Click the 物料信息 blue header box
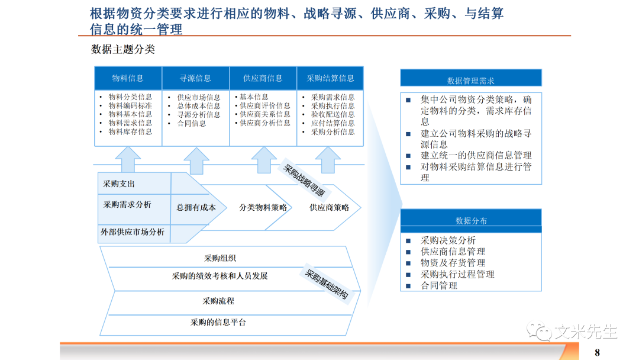(128, 78)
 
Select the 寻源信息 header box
(195, 78)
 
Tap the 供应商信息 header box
(263, 78)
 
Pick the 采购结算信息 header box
(330, 78)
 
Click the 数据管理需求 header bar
(470, 81)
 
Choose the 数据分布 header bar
(470, 221)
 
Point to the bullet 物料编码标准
(130, 106)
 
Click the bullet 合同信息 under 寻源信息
(192, 123)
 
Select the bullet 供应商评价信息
(265, 106)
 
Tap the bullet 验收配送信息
(333, 114)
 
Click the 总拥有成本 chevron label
(196, 208)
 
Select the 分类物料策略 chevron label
(263, 208)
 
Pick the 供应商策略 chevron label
(329, 208)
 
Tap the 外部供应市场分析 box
(133, 232)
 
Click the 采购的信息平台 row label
(218, 323)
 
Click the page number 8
(597, 353)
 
